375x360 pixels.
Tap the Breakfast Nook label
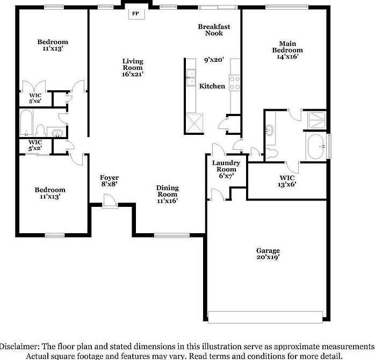click(x=214, y=30)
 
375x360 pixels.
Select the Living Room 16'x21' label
click(x=132, y=68)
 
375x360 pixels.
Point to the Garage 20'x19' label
click(x=268, y=254)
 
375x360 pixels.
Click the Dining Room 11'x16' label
click(x=167, y=194)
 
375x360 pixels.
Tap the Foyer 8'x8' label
click(x=110, y=181)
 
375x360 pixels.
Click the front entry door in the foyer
click(x=110, y=201)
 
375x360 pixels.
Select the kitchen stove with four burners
click(x=235, y=82)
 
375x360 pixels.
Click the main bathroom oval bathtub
click(x=316, y=146)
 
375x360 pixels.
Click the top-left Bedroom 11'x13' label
click(x=53, y=45)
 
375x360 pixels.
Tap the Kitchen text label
click(x=212, y=86)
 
